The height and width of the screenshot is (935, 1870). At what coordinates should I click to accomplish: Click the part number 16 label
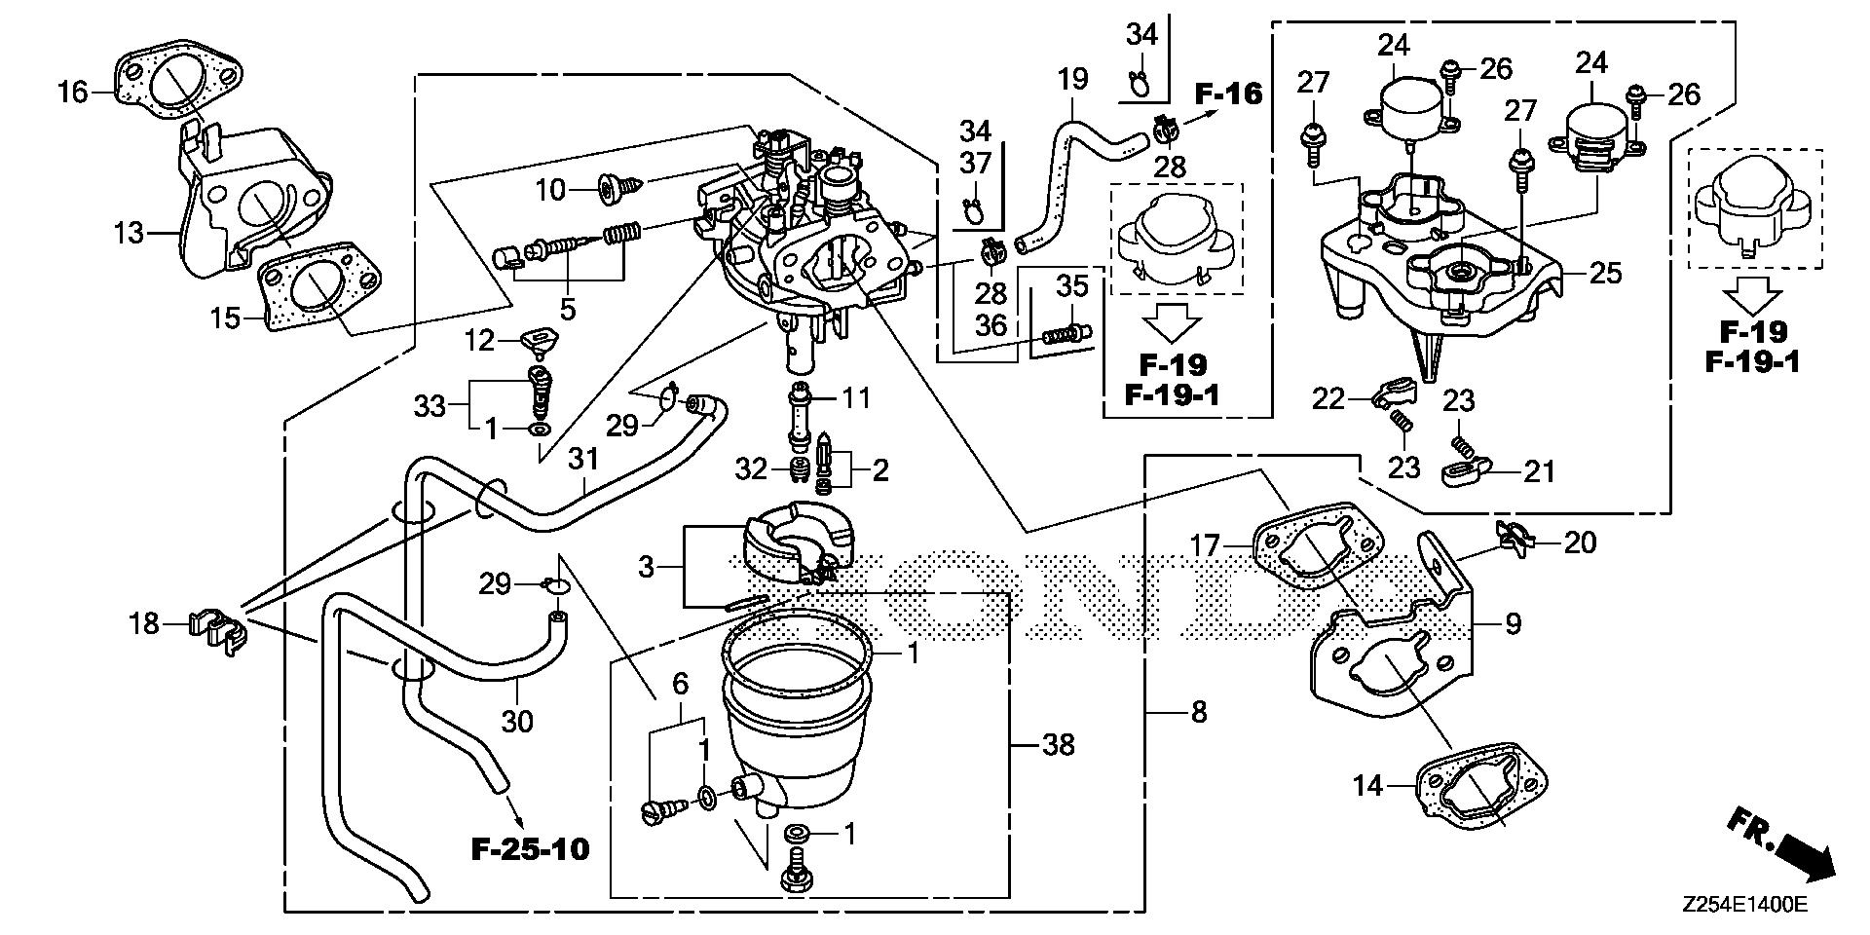[x=72, y=93]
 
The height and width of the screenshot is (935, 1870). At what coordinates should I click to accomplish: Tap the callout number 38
[x=1058, y=745]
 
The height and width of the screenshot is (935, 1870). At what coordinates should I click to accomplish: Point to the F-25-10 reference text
[x=531, y=849]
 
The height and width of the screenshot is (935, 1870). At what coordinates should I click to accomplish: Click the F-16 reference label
[x=1228, y=93]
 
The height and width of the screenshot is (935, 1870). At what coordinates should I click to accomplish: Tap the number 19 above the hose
[x=1072, y=79]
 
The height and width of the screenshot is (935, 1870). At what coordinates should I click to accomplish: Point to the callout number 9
[x=1513, y=622]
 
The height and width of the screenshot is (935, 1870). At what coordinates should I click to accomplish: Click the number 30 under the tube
[x=518, y=722]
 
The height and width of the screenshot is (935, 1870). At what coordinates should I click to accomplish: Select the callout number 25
[x=1605, y=273]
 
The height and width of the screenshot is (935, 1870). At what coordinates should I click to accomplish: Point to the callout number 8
[x=1198, y=713]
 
